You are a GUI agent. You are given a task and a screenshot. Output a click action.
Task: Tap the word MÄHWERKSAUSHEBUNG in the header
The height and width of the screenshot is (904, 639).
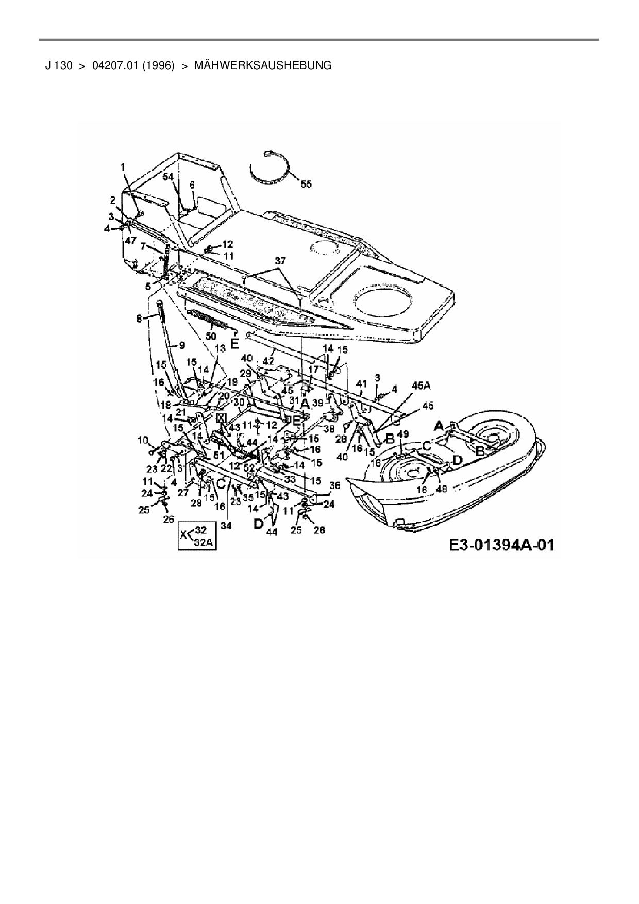263,65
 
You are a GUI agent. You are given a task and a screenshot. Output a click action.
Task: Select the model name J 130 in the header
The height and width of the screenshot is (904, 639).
58,65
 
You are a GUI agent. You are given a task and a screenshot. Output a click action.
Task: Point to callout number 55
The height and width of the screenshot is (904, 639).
306,184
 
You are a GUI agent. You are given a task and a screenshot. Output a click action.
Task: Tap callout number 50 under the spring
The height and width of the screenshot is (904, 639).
211,336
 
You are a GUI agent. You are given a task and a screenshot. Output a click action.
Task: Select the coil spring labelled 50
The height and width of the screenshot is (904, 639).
212,320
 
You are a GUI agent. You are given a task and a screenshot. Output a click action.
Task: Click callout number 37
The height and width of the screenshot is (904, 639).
279,261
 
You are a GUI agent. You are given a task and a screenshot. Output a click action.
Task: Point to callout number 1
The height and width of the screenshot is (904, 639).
123,167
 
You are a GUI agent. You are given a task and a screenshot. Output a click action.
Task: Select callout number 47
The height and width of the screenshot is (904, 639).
131,241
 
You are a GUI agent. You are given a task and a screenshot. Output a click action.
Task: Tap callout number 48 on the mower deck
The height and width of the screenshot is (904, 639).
442,489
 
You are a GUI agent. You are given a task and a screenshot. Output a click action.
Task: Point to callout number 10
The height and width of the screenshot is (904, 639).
143,440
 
